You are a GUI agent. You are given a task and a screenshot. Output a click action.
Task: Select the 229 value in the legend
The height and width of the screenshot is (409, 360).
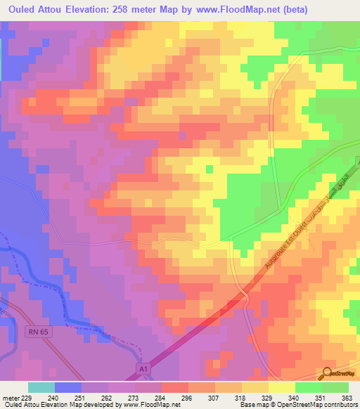(27, 396)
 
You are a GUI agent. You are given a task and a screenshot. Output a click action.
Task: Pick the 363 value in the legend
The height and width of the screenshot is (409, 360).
(347, 396)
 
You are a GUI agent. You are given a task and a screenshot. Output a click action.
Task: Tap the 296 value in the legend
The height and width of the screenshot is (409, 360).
(186, 396)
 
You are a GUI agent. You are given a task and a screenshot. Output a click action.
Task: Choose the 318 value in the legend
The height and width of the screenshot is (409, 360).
(240, 396)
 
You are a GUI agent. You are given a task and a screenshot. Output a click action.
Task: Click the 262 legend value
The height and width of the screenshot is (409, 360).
(106, 396)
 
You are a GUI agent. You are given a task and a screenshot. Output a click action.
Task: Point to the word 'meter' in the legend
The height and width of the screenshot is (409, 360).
(9, 396)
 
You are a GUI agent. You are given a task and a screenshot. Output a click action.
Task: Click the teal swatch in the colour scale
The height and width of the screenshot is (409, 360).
(41, 387)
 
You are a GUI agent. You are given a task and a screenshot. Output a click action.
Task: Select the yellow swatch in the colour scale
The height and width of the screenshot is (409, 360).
(282, 387)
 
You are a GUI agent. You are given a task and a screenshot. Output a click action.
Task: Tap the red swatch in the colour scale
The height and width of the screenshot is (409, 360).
(175, 387)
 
